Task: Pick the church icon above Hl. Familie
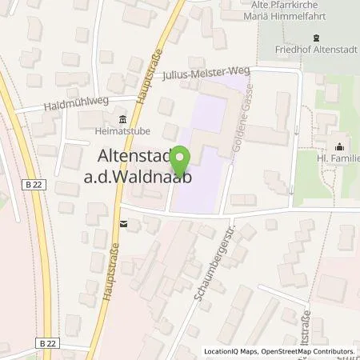pyautogui.click(x=340, y=146)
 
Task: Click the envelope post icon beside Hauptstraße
pyautogui.click(x=122, y=224)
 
